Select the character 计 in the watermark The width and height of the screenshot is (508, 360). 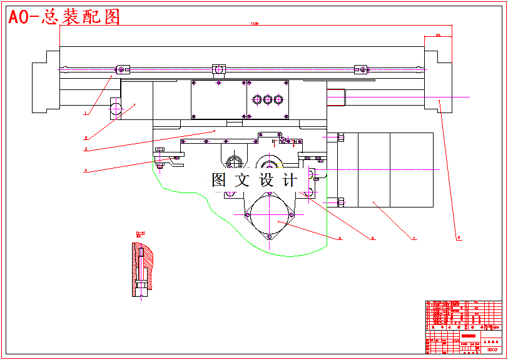coord(290,181)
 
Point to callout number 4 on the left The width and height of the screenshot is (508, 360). coord(85,170)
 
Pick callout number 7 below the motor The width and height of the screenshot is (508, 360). coord(414,238)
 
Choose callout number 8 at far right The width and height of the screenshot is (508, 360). coord(458,237)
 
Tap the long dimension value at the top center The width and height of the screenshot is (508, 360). coord(255,24)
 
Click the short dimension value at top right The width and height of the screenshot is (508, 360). coord(438,35)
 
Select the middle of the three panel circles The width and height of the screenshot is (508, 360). coord(268,99)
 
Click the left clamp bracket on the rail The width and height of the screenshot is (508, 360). coord(123,69)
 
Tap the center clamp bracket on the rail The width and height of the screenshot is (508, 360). coord(218,68)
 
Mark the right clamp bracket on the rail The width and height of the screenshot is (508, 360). coord(361,69)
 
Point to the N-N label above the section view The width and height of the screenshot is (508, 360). coord(140,233)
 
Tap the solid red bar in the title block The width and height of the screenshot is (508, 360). coord(469,336)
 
